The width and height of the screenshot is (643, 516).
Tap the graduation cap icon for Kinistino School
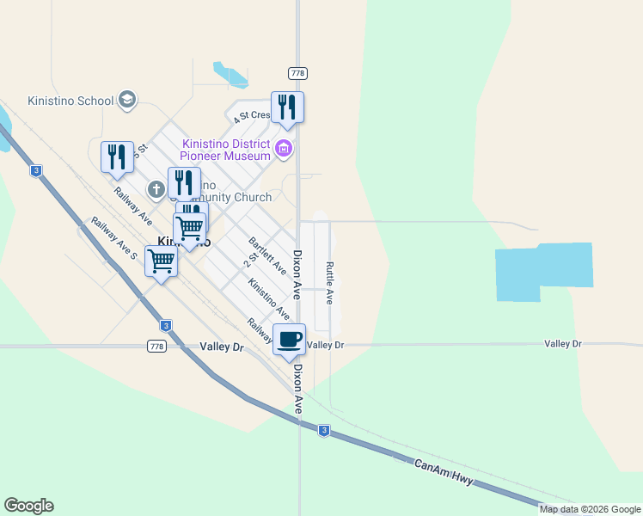point(128,101)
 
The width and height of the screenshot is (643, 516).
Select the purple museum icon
point(284,150)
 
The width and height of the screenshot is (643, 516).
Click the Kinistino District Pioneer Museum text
point(226,150)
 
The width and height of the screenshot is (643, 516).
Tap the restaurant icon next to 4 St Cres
point(287,107)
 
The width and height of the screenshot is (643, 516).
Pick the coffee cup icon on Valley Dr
point(289,338)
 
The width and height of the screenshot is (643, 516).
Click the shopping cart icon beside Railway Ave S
point(161,261)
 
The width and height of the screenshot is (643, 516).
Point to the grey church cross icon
point(156,188)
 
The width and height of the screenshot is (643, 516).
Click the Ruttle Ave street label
point(329,283)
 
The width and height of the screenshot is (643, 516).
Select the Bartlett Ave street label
point(267,255)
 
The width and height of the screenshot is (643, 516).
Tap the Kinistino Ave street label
point(268,298)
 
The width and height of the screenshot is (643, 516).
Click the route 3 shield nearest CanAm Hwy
point(323,430)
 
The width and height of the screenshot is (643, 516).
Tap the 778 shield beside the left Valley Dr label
point(156,346)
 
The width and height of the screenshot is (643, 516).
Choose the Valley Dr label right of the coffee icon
point(325,344)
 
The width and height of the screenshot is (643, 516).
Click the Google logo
point(28,506)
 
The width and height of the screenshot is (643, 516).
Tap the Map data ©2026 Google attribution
point(590,509)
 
